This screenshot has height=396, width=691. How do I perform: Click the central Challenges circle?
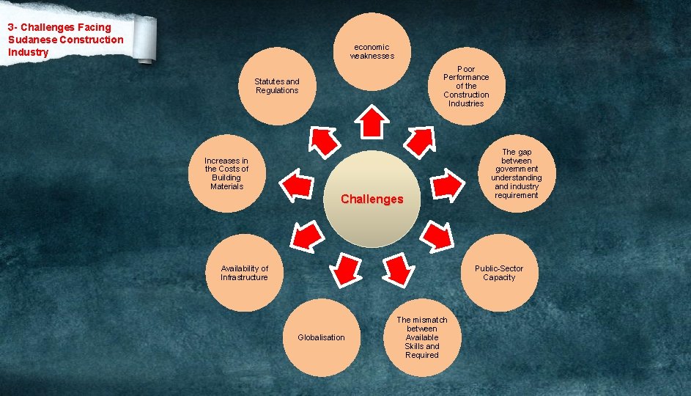[x=372, y=199]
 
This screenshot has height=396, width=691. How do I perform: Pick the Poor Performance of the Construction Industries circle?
[x=466, y=86]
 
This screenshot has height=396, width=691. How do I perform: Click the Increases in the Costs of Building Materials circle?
[x=226, y=175]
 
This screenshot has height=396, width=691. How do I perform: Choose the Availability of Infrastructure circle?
[x=244, y=273]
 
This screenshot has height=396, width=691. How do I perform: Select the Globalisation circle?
[x=320, y=338]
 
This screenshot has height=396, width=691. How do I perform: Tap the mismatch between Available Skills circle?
[x=422, y=338]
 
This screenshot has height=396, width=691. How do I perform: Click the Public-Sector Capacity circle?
[x=499, y=273]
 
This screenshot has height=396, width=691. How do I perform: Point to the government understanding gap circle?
[x=517, y=175]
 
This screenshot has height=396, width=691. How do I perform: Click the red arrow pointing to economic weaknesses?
[x=372, y=122]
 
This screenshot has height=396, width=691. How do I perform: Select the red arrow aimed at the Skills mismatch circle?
[x=398, y=269]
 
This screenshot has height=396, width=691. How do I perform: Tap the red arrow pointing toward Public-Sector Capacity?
[x=437, y=235]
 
